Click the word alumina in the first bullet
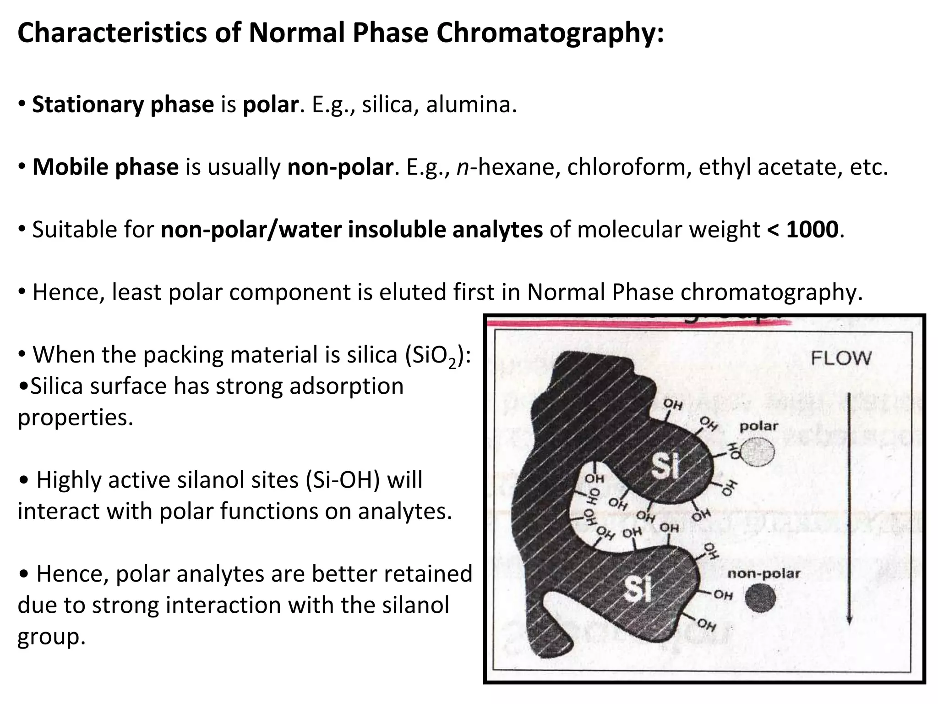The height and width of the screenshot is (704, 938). (471, 104)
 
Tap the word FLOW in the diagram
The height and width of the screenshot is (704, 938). (841, 358)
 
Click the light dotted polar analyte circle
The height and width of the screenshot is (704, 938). (758, 453)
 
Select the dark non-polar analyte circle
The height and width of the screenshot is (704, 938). (760, 599)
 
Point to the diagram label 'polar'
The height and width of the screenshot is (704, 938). (759, 426)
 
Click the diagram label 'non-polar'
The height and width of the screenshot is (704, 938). (763, 573)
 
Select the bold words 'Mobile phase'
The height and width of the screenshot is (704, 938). (105, 167)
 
